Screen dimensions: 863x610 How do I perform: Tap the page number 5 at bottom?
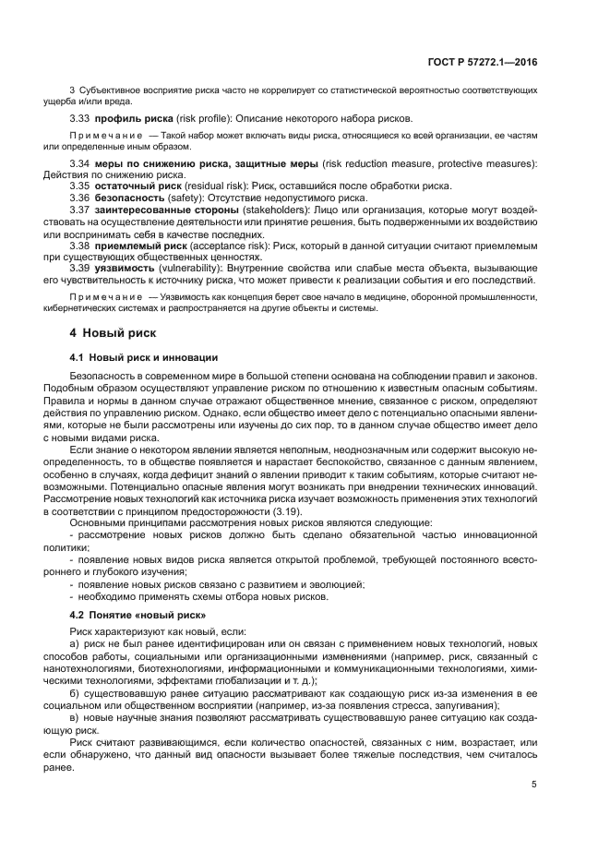click(534, 785)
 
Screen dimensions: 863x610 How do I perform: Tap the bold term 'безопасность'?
click(128, 197)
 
